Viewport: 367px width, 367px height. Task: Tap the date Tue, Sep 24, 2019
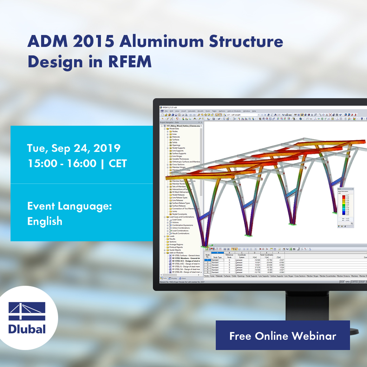[74, 148]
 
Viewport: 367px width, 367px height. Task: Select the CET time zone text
[118, 163]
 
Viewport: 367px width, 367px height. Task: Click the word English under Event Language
[45, 221]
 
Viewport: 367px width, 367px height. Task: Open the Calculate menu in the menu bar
[192, 111]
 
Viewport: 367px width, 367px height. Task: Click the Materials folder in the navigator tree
[176, 137]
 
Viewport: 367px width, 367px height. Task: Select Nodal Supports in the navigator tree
[178, 148]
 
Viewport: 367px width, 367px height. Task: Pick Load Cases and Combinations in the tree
[181, 217]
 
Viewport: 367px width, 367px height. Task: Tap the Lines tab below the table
[213, 276]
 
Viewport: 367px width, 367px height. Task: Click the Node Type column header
[218, 257]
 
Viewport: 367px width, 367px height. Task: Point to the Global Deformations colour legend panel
[345, 207]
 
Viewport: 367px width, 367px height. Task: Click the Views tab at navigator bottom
[183, 278]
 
